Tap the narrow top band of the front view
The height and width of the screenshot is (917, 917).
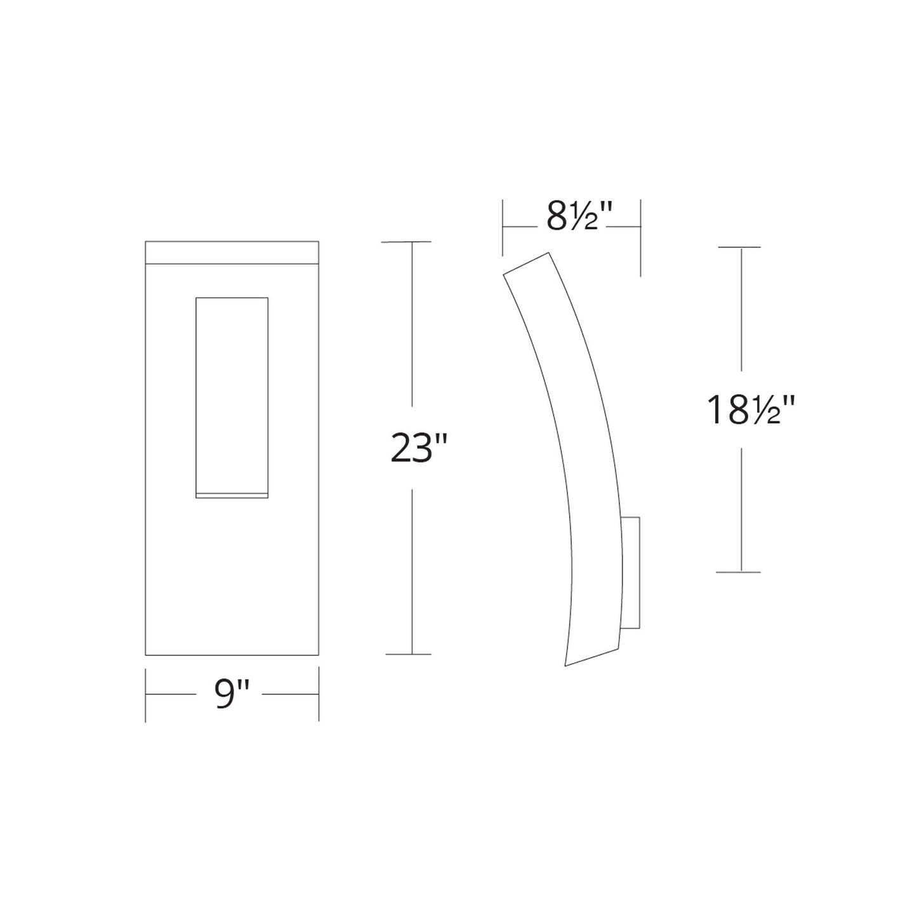232,252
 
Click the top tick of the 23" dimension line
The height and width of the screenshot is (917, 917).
406,242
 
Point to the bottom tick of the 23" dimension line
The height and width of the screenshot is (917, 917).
408,654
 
